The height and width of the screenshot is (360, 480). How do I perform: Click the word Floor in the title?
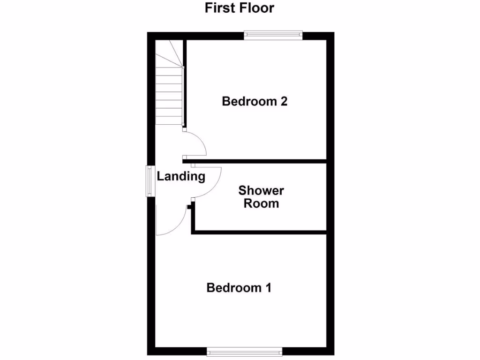(x=256, y=8)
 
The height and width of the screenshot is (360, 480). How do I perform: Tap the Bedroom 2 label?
(x=255, y=101)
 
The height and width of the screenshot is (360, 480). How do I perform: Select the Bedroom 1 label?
(x=239, y=287)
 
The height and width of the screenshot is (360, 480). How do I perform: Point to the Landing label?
(x=181, y=177)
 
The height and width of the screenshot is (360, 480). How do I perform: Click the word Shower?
(x=261, y=191)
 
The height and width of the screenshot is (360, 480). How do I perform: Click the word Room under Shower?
(x=261, y=203)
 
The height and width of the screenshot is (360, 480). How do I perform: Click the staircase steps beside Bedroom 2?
(x=169, y=98)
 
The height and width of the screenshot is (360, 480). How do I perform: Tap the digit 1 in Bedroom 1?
(x=268, y=287)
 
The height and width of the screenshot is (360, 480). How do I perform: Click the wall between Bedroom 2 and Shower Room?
(x=258, y=161)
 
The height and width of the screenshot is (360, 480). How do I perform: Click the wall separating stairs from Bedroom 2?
(x=185, y=84)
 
